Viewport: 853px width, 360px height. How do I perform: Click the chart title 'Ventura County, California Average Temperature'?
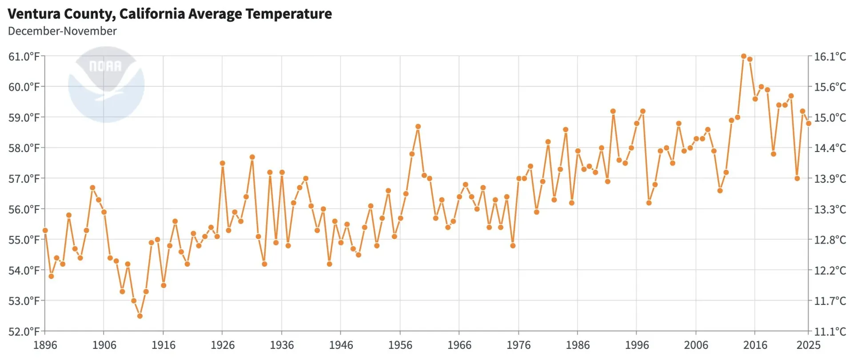pos(170,14)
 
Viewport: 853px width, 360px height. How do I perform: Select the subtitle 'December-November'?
pos(62,31)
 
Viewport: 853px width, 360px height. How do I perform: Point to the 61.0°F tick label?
pos(24,56)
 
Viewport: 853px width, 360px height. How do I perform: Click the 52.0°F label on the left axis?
pos(24,331)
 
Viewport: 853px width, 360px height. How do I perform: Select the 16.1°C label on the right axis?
pos(829,56)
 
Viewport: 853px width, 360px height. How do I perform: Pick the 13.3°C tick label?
pos(829,209)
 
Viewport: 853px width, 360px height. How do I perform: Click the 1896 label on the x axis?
pos(45,345)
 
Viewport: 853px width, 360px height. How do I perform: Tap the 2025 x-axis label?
pos(808,345)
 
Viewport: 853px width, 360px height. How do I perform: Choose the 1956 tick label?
pos(400,345)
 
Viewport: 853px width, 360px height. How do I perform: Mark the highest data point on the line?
pos(744,56)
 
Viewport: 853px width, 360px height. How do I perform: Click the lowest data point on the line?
pos(140,316)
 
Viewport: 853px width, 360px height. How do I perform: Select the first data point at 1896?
pos(45,230)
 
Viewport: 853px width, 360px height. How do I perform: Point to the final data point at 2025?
pos(809,124)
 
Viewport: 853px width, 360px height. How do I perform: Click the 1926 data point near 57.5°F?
pos(223,163)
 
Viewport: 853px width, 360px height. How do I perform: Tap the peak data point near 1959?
pos(418,127)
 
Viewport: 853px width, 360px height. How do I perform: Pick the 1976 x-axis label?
pos(518,345)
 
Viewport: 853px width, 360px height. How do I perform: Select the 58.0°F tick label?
pos(24,148)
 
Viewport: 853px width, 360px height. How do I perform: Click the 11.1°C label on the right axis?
pos(829,331)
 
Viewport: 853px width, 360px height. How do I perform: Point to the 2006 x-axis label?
pos(696,345)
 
